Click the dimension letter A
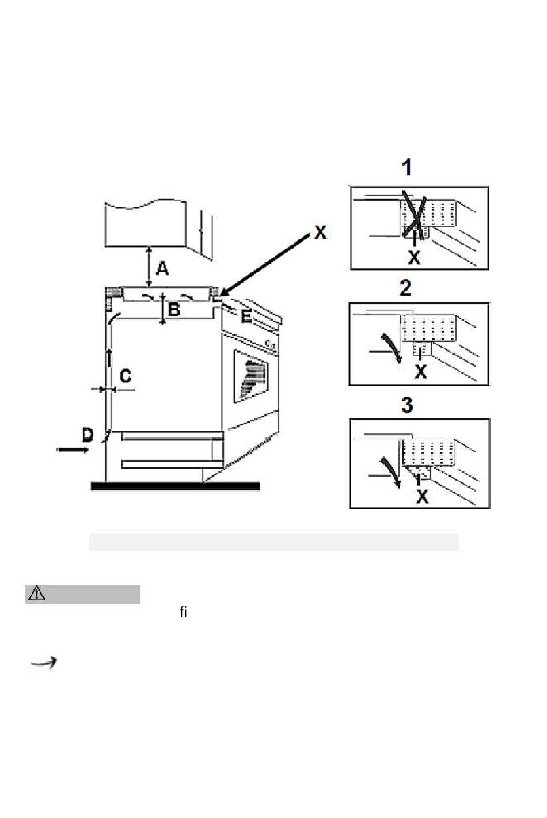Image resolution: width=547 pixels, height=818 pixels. click(x=162, y=269)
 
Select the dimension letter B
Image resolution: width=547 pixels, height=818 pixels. click(x=174, y=310)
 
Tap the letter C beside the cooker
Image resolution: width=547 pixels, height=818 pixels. click(x=126, y=376)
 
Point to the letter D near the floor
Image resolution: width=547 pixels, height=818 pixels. click(x=88, y=435)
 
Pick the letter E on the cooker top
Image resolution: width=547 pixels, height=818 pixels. click(x=246, y=316)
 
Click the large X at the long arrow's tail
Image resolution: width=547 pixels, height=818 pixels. click(x=320, y=232)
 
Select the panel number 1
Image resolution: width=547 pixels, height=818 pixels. click(x=407, y=168)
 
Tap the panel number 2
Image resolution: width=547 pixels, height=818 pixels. click(x=406, y=288)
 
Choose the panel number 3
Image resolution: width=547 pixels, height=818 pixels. click(x=407, y=405)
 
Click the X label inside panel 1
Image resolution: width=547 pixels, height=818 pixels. click(x=414, y=258)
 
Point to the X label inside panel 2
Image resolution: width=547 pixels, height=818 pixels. click(x=421, y=372)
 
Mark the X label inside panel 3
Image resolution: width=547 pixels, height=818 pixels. click(x=422, y=497)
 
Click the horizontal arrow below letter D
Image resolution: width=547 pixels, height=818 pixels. click(x=73, y=450)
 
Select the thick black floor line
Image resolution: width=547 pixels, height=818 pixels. click(x=175, y=486)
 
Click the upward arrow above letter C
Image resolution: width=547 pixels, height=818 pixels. click(x=109, y=357)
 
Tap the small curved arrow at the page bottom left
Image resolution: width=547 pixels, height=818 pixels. click(x=44, y=662)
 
